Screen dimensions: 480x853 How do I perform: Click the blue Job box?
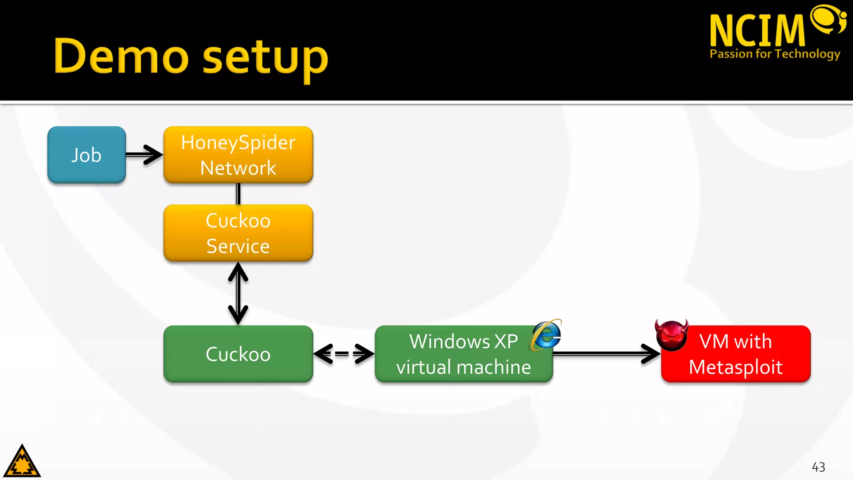tap(86, 155)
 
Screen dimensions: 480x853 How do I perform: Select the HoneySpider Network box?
tap(238, 155)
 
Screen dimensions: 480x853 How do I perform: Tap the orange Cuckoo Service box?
tap(238, 233)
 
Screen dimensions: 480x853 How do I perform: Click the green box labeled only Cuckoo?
tap(238, 354)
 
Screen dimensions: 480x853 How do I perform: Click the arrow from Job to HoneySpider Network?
tap(144, 155)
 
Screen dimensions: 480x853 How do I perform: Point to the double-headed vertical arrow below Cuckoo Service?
tap(238, 293)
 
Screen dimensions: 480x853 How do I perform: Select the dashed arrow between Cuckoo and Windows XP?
tap(344, 354)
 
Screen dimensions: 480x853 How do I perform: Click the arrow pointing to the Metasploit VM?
tap(606, 354)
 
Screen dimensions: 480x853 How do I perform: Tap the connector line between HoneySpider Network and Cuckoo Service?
tap(238, 194)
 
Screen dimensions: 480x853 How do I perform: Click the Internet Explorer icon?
tap(547, 335)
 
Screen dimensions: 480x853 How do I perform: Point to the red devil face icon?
tap(671, 335)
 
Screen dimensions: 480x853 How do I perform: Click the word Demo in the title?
tap(121, 56)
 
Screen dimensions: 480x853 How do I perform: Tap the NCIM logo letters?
tap(757, 30)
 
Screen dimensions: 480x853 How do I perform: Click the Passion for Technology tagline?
tap(775, 54)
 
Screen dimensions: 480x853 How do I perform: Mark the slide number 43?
tap(818, 467)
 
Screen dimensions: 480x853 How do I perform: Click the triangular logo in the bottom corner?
tap(22, 462)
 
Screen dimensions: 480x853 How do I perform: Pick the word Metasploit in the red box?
tap(736, 367)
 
